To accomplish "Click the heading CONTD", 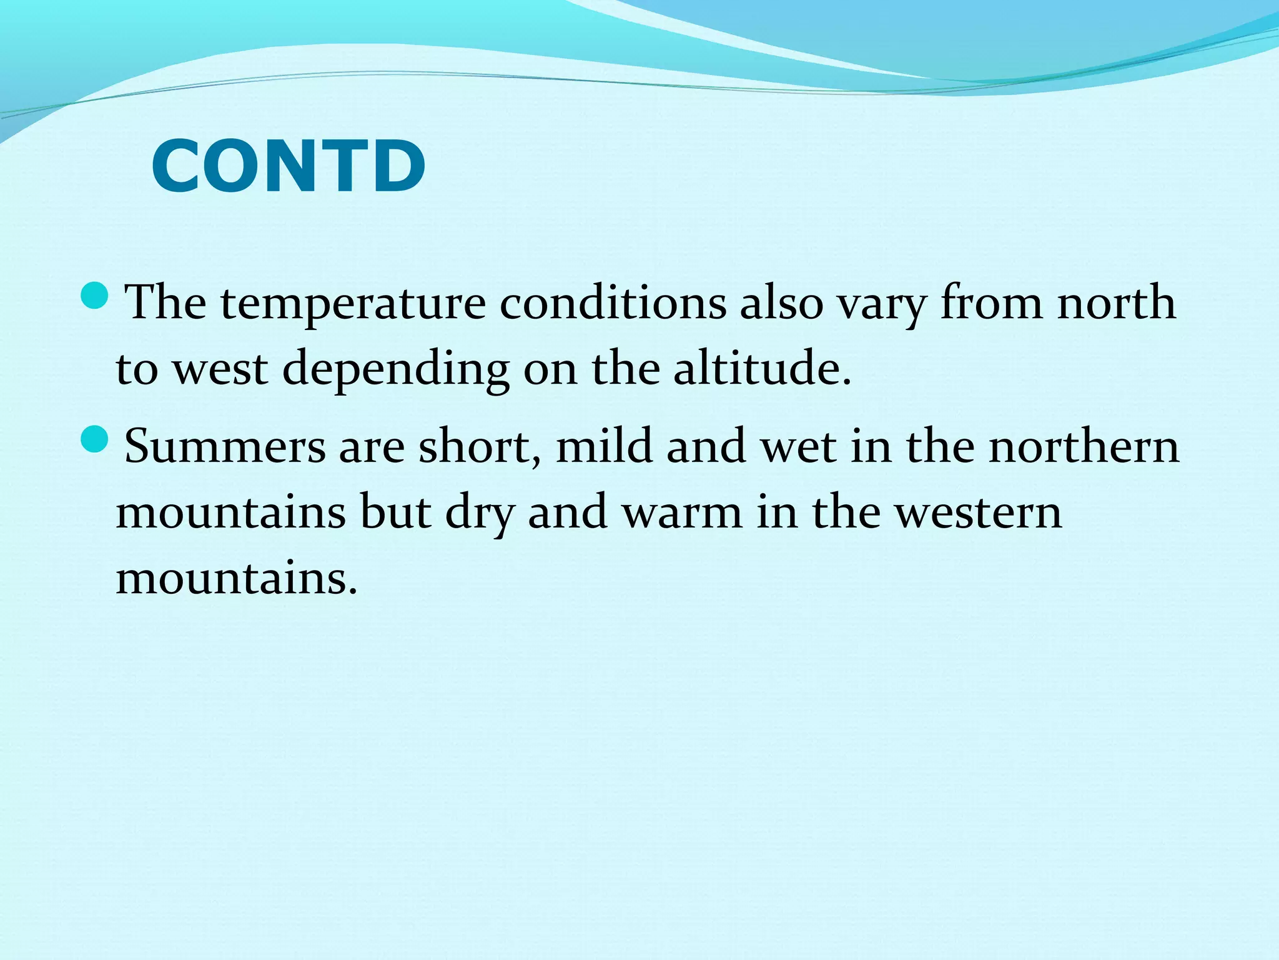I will click(x=289, y=167).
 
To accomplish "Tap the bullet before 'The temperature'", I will click(x=96, y=295).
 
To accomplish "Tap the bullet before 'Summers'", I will click(x=96, y=439).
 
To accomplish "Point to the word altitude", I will click(x=762, y=369).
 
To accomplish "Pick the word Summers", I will click(x=225, y=447).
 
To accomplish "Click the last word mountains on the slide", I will click(x=236, y=578).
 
